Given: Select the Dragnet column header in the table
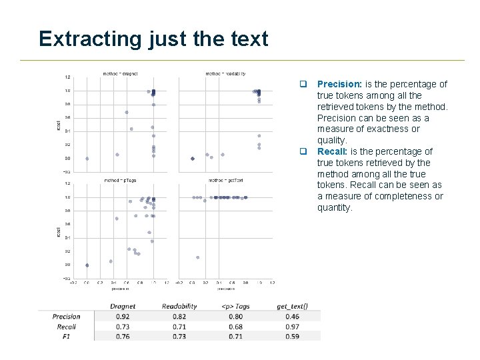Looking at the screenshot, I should pyautogui.click(x=123, y=307).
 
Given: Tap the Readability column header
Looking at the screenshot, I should pyautogui.click(x=179, y=307).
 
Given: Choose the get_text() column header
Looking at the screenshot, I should pyautogui.click(x=292, y=307).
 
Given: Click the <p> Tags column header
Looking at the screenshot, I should pyautogui.click(x=236, y=307).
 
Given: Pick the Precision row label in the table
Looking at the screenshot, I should pyautogui.click(x=66, y=317).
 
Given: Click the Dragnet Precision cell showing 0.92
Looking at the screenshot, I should pyautogui.click(x=123, y=317).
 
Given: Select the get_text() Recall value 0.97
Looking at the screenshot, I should pyautogui.click(x=292, y=327).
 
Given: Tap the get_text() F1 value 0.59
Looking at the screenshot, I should pyautogui.click(x=292, y=337).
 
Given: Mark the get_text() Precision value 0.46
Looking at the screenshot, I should pyautogui.click(x=292, y=317).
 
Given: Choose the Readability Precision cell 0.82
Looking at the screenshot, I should pyautogui.click(x=179, y=317).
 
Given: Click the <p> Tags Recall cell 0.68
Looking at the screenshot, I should pyautogui.click(x=236, y=327).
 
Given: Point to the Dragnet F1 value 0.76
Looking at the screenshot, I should pyautogui.click(x=123, y=337).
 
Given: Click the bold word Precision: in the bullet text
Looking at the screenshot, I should pyautogui.click(x=339, y=84).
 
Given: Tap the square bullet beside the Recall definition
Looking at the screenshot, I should pyautogui.click(x=302, y=151).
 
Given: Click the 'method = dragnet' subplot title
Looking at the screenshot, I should pyautogui.click(x=120, y=73).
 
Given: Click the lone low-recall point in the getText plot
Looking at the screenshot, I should pyautogui.click(x=197, y=257).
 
